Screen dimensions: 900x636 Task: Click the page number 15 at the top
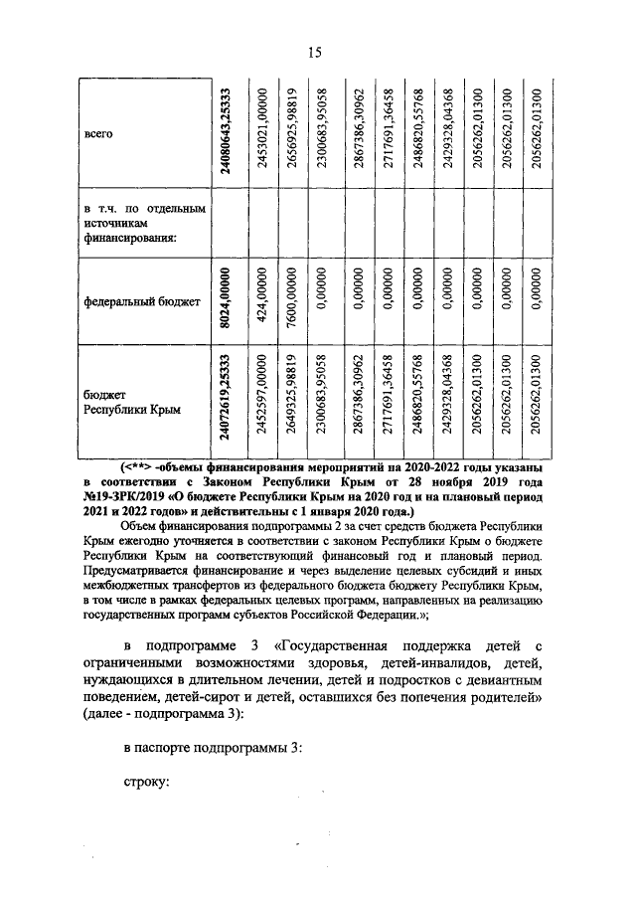[x=315, y=53]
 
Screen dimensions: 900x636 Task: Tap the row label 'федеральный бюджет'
[x=128, y=299]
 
